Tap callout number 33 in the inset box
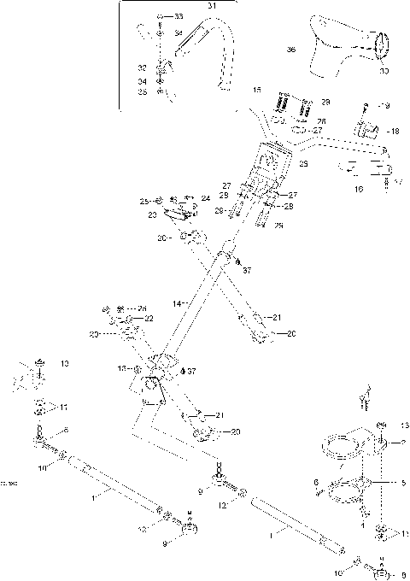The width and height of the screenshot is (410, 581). (178, 17)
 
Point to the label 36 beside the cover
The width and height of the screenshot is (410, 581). (290, 50)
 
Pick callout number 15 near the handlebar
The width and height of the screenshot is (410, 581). (257, 90)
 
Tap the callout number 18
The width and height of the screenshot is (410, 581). (394, 132)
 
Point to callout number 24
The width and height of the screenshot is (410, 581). (206, 197)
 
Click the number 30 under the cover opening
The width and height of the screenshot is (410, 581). (383, 71)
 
